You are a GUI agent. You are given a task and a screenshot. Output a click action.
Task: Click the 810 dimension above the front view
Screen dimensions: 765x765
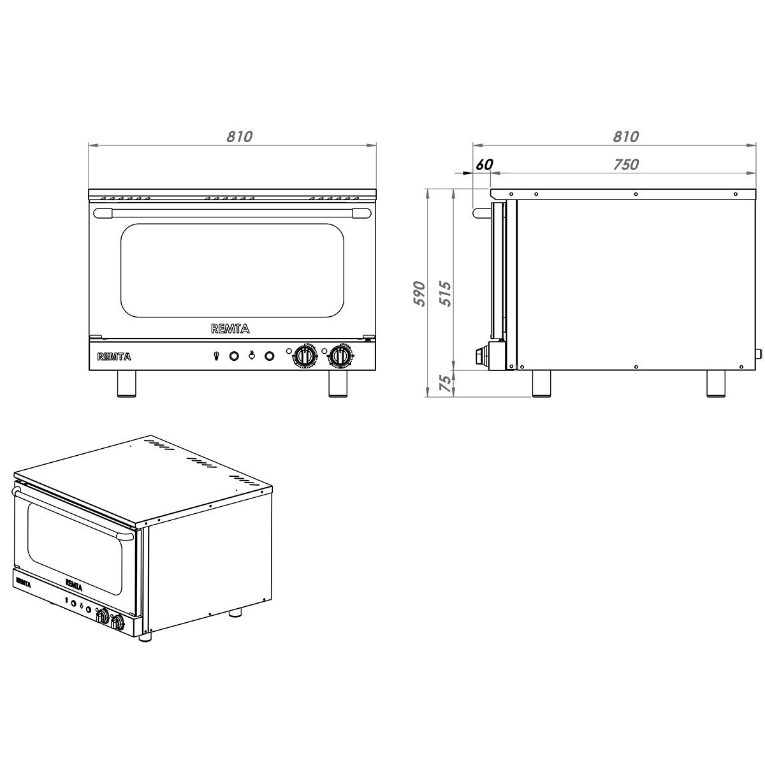[x=240, y=136]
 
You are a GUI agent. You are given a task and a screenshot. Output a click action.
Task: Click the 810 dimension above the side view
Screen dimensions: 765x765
[x=625, y=136]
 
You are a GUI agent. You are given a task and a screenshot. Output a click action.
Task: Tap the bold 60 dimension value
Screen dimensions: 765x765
[x=484, y=164]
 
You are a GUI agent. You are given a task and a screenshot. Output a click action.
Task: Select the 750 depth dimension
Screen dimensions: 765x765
[x=625, y=164]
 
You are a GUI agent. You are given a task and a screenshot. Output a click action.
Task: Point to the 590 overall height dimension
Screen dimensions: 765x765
[x=419, y=293]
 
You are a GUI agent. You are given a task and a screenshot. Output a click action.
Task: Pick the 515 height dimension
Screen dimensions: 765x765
[x=446, y=293]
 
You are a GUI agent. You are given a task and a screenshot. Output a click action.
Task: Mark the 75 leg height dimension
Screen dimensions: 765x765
[x=446, y=382]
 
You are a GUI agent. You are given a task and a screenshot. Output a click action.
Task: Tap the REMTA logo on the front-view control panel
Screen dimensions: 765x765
[x=114, y=356]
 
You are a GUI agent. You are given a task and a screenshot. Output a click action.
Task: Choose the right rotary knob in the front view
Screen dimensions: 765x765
[x=339, y=356]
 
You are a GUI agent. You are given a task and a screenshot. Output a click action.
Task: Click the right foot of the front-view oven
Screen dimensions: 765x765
[x=338, y=384]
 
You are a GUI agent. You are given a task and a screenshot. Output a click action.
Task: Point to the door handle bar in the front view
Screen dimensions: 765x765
[x=231, y=213]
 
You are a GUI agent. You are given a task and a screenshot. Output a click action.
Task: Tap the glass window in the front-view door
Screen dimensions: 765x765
[x=231, y=270]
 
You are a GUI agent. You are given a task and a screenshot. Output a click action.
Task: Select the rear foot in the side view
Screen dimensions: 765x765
[x=715, y=384]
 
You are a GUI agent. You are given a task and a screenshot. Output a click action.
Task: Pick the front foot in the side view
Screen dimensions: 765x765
[x=542, y=384]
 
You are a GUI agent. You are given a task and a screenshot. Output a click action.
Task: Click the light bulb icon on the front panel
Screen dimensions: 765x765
[x=217, y=356]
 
